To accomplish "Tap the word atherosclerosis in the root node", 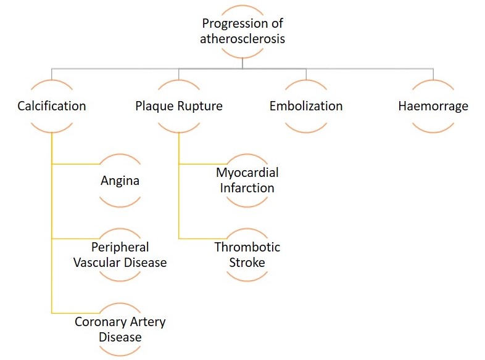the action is pos(243,39).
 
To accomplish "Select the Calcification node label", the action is pos(52,106).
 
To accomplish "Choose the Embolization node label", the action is pos(306,106).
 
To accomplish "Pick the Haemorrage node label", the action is pos(433,107).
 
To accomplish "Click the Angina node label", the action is pos(120,181).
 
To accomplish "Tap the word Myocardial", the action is pos(247,173).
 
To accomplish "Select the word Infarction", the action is pos(247,188).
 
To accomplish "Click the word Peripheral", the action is pos(120,248).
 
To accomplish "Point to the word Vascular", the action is pos(96,263).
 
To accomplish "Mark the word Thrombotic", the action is pos(247,247).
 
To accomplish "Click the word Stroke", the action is pos(247,263).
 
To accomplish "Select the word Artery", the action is pos(148,322).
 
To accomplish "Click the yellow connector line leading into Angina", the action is pos(76,164).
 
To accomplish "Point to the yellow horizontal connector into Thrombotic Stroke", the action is pos(203,239).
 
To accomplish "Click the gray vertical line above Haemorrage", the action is pos(433,74).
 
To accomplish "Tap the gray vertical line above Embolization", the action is pos(306,74).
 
